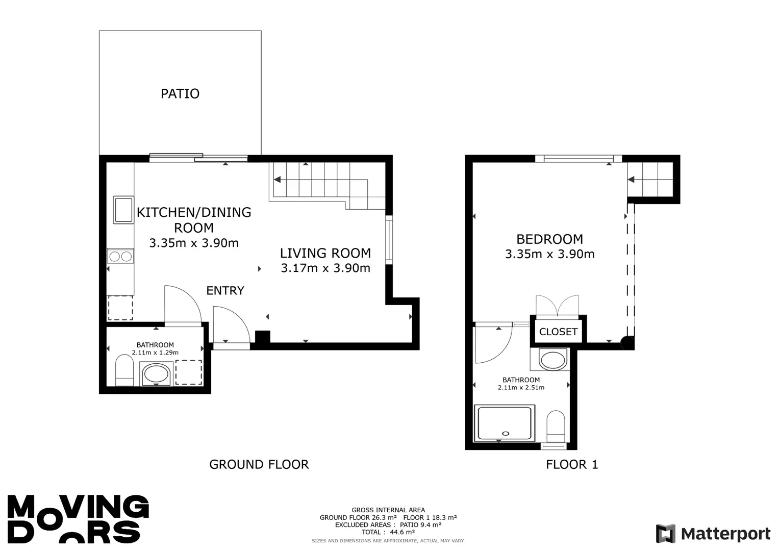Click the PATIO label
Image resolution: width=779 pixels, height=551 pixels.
180,93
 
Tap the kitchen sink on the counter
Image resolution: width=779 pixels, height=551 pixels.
123,210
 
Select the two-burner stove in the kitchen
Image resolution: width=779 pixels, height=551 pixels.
120,256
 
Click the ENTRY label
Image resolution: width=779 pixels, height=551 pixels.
225,290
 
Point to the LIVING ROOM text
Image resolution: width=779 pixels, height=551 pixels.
325,253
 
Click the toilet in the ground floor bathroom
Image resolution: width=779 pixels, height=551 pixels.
124,370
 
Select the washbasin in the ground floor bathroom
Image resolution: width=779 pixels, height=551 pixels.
156,374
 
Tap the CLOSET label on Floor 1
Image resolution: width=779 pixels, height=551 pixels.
558,332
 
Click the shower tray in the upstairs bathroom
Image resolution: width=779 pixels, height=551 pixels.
505,423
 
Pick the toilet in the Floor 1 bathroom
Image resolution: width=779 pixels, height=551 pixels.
556,427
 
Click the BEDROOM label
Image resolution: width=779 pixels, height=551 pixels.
550,239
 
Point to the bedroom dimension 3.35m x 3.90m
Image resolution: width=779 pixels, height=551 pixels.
550,254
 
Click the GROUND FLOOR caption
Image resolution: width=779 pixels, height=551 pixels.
259,464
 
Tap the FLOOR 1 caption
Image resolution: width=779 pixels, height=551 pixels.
572,464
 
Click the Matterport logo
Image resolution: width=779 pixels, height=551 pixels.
713,534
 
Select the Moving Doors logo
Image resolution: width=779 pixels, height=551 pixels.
78,519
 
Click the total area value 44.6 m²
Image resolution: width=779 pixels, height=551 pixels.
403,532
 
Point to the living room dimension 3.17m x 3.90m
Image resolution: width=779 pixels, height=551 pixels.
325,268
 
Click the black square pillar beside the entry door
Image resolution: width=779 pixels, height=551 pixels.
263,337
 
